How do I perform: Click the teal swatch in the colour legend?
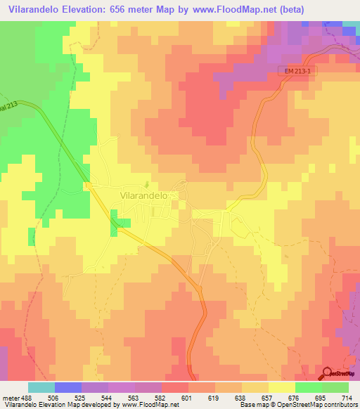(41, 387)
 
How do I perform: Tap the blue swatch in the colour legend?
(67, 387)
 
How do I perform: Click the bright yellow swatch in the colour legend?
(281, 387)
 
